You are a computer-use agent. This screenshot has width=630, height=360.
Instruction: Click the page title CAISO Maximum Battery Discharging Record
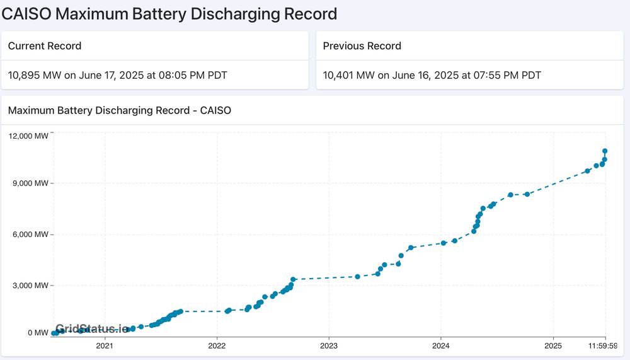coord(169,13)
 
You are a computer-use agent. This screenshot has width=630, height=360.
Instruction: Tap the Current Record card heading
coord(45,46)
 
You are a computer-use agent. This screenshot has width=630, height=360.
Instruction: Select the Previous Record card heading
coord(362,46)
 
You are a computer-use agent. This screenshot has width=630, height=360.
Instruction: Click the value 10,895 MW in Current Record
coord(34,76)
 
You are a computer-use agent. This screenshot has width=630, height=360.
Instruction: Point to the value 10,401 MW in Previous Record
coord(348,76)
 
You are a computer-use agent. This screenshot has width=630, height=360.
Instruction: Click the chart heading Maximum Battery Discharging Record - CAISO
coord(120,111)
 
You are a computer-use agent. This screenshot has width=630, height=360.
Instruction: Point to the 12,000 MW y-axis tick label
coord(28,136)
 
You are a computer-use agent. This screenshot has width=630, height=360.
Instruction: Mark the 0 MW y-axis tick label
coord(37,333)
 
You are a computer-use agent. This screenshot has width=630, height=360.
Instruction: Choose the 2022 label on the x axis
coord(216,346)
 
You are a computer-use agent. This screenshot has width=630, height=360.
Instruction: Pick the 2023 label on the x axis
coord(329,346)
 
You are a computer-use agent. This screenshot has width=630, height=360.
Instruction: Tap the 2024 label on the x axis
coord(441,346)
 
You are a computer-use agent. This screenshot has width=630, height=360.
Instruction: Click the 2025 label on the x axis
coord(553,346)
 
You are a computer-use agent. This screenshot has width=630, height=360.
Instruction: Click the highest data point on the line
coord(605,151)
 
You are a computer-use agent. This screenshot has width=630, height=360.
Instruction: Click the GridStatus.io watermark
coord(92,329)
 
